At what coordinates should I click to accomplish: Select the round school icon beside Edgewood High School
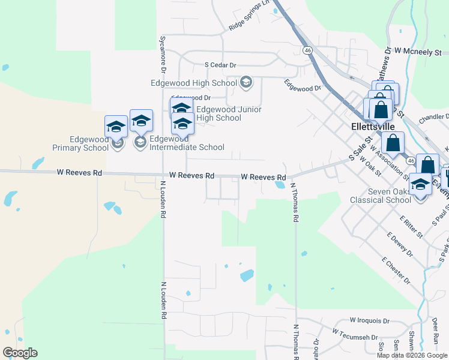246,82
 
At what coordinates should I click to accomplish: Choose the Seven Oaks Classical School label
381,196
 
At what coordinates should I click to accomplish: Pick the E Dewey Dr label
400,244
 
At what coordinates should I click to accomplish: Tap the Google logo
20,353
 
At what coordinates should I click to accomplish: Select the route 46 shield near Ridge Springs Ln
307,50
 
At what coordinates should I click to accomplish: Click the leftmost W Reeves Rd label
80,173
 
